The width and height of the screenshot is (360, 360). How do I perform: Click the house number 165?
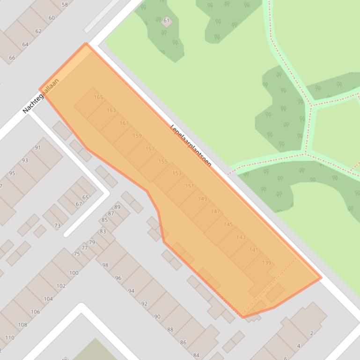coord(98,97)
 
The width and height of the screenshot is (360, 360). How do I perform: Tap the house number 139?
coord(266,263)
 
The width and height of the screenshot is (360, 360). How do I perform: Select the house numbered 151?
coord(189,186)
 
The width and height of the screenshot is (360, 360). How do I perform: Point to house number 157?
coord(150,149)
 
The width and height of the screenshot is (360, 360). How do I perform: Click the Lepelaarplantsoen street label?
coord(191,145)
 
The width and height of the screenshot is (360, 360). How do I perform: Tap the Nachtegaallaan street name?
coord(41,96)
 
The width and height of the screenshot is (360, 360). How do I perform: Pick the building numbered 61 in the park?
coord(166,21)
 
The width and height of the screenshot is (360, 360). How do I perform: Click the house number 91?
coord(37,147)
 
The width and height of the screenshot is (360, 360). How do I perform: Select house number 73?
coord(57,225)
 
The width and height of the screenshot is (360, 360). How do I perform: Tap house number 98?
coord(105,265)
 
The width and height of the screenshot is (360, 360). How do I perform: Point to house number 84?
coord(196,355)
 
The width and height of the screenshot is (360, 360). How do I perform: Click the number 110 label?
coord(10,338)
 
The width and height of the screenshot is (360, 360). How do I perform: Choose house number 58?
coord(65,5)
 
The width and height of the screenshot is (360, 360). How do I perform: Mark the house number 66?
coord(12,58)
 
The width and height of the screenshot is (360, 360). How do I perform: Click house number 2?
coord(311,333)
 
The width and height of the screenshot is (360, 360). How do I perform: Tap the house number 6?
coord(285,358)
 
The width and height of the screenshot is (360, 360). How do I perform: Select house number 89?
coord(117,207)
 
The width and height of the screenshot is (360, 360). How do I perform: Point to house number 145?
coord(228,224)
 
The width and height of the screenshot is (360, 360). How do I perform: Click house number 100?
coord(73,273)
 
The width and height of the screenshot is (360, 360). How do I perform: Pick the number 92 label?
coord(144,303)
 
